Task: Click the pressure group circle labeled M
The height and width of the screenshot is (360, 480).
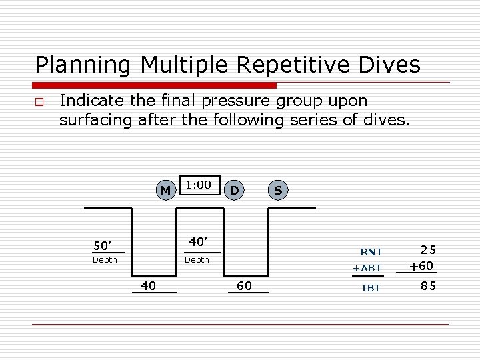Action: (165, 191)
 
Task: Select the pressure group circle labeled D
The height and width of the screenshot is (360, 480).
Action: (234, 191)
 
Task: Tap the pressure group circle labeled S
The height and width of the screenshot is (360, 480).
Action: (278, 191)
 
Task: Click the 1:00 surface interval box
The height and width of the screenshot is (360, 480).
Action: (199, 185)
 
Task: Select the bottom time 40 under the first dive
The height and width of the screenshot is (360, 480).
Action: (149, 285)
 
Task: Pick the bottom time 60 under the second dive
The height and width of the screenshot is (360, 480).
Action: (245, 285)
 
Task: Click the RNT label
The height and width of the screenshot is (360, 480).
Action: (371, 252)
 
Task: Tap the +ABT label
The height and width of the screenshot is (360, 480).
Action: (367, 268)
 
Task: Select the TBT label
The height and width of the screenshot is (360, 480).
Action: (371, 288)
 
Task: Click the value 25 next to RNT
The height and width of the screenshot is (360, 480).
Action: (429, 251)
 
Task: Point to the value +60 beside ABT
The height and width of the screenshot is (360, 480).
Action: (421, 266)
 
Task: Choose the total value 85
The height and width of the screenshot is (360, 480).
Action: (429, 287)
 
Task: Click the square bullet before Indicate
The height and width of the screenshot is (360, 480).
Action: (39, 102)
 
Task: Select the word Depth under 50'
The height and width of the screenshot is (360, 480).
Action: (105, 259)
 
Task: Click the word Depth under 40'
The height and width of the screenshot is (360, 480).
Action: (197, 259)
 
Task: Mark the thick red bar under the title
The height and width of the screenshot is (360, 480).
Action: (155, 85)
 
